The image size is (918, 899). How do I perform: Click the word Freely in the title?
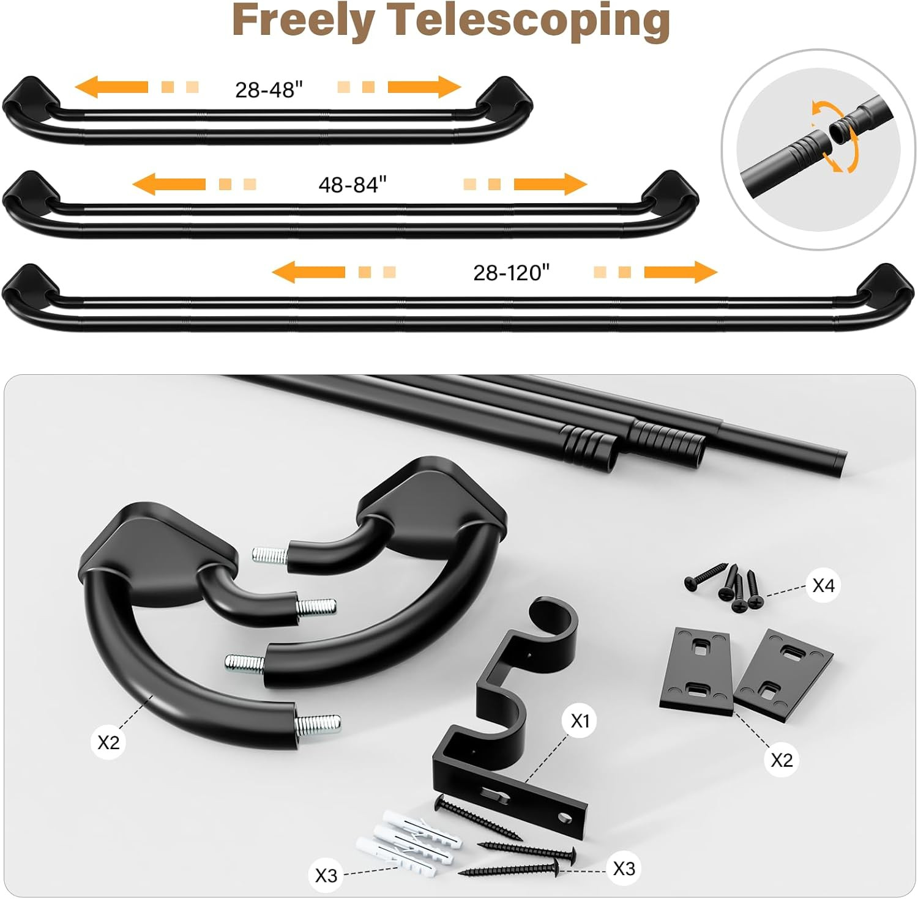coord(304,22)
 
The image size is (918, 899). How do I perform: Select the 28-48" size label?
coord(269,90)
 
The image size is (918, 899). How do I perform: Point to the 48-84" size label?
coord(353,184)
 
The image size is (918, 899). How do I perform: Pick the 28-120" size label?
coord(512,272)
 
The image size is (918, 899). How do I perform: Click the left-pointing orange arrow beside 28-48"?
coord(111,87)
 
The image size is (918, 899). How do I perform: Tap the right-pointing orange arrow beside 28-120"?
coord(681,272)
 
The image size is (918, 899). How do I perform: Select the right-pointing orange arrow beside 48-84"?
coord(550,184)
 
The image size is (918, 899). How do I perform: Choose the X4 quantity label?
coord(823,586)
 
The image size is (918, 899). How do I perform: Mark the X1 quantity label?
coord(580,722)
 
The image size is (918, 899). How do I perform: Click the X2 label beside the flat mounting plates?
coord(781,760)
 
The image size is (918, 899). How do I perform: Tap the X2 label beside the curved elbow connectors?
coord(108,742)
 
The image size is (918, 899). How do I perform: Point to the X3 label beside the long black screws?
coord(624,868)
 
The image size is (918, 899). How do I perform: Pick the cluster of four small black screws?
coord(725,587)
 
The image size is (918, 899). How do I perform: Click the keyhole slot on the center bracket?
coord(493,794)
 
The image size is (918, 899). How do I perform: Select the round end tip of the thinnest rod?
coord(841,460)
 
